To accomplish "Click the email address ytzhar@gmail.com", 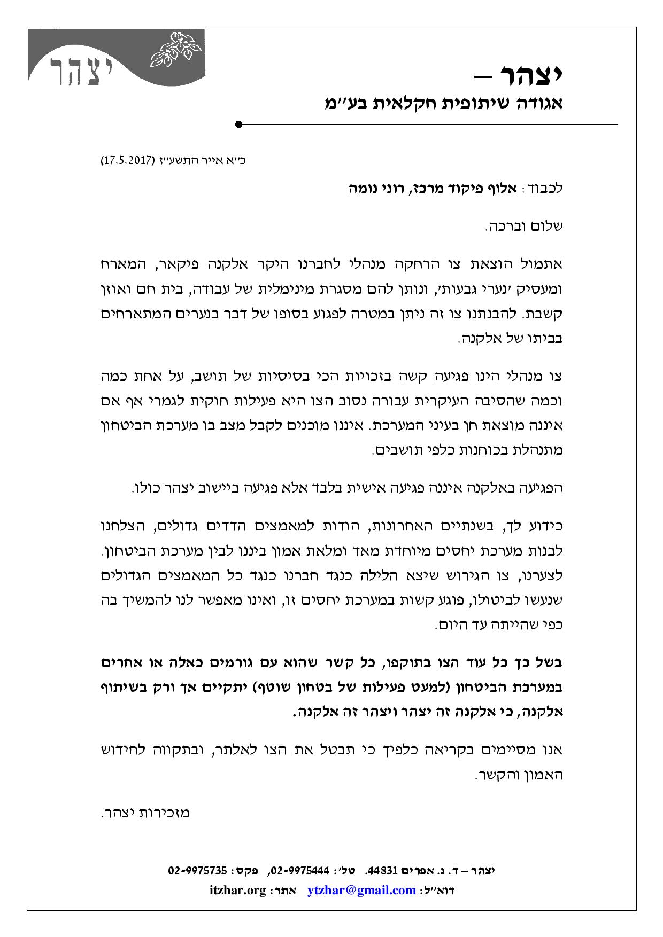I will [362, 891].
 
